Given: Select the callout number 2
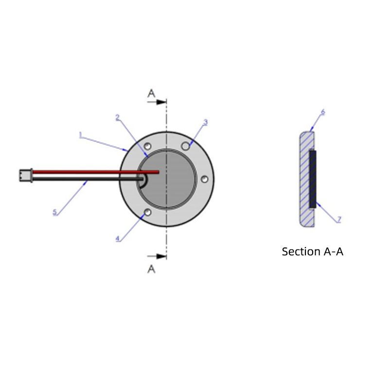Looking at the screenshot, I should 117,117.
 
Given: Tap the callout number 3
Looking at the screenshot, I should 205,123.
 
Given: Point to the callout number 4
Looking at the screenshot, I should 118,238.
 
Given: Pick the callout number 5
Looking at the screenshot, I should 55,212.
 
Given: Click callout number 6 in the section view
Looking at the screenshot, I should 322,112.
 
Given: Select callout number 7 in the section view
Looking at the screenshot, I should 339,220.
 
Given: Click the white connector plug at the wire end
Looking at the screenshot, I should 25,175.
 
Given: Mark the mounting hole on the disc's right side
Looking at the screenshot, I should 205,179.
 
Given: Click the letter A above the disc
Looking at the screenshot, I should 152,93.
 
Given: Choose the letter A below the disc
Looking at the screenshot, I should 152,269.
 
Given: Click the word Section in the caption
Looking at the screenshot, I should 298,252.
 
